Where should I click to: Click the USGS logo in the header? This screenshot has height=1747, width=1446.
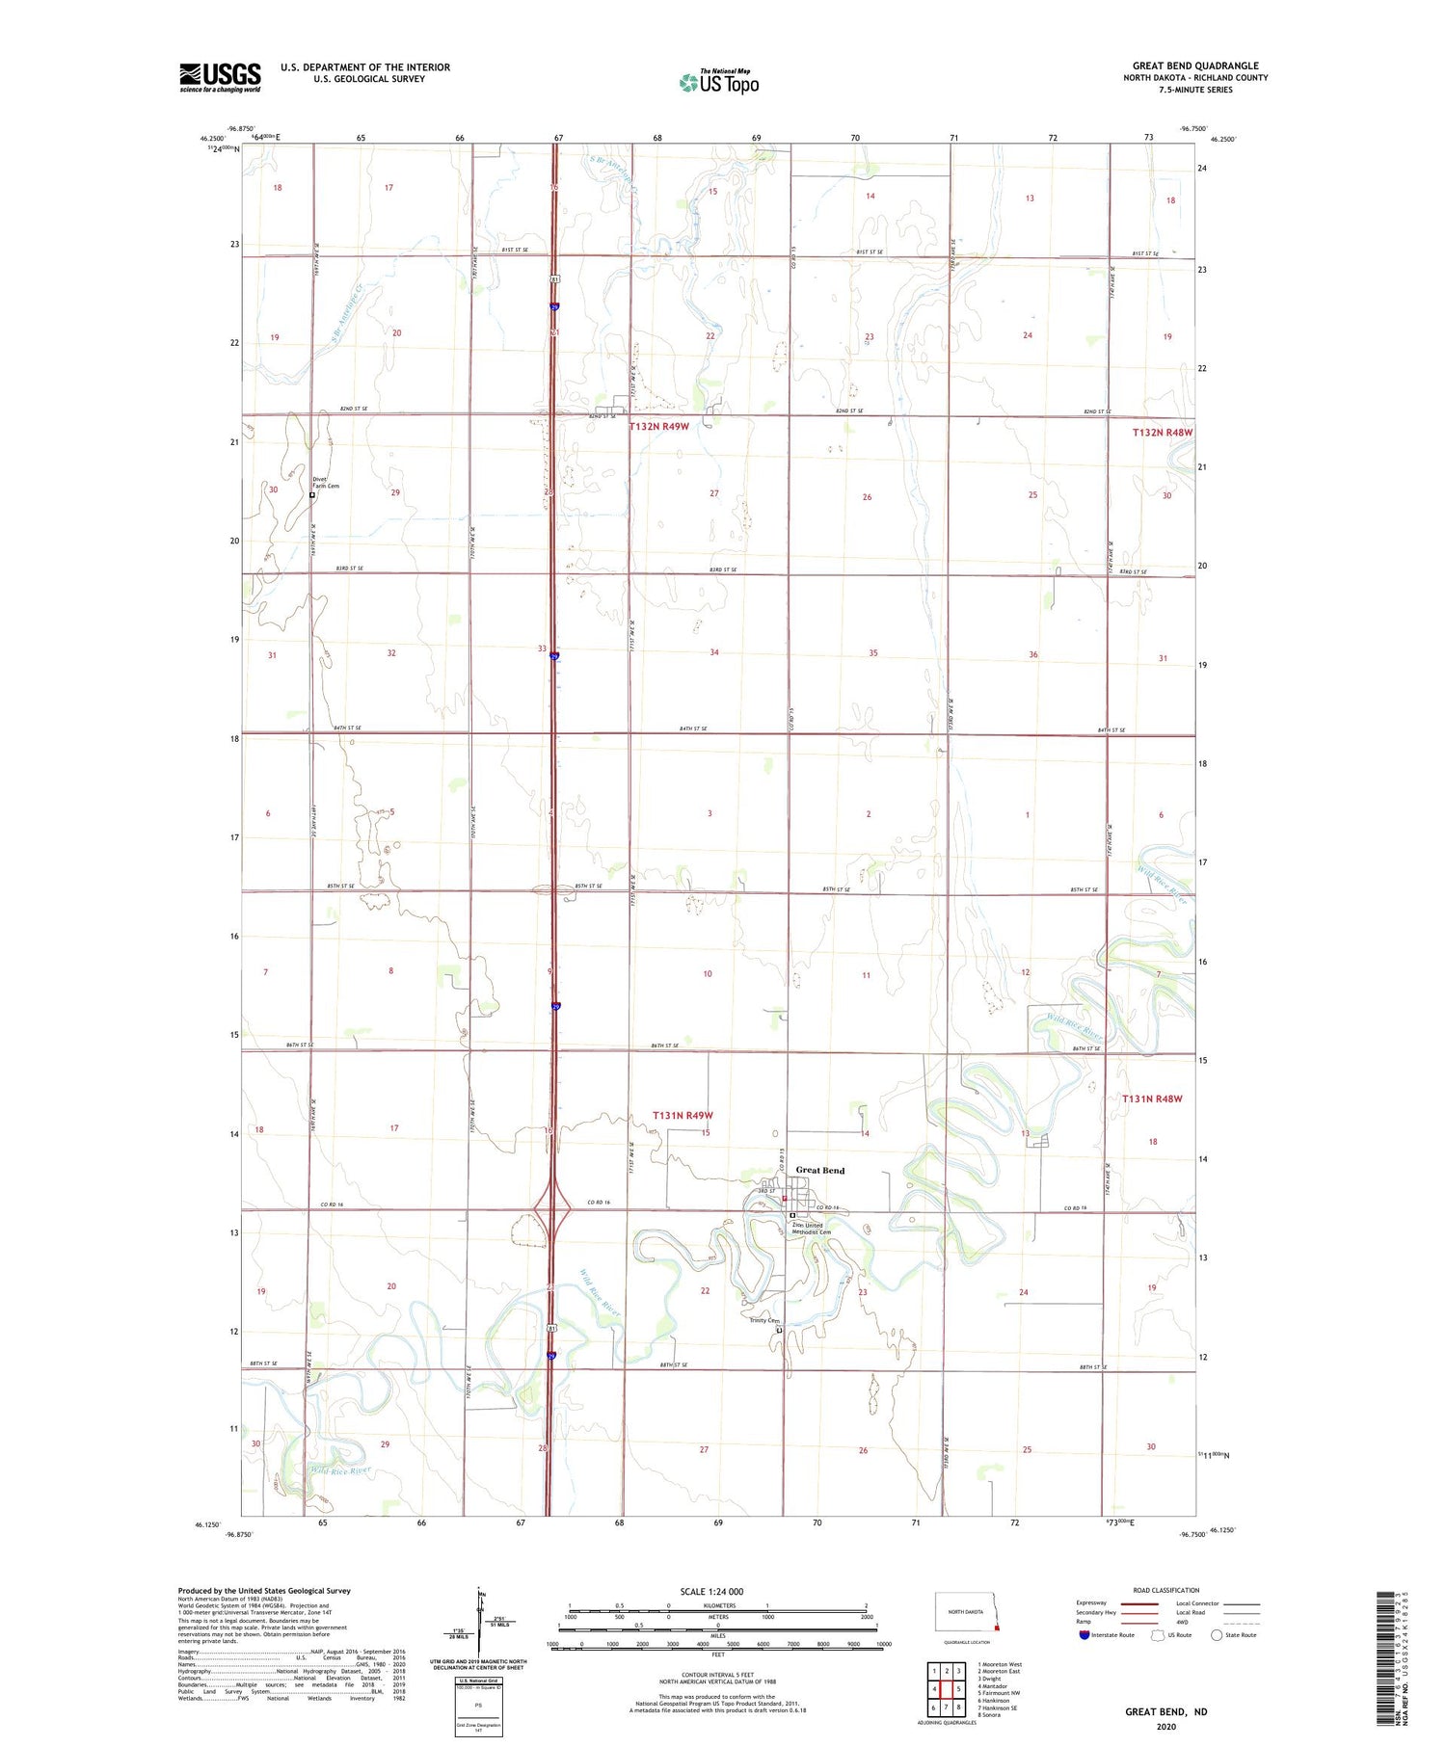[x=220, y=77]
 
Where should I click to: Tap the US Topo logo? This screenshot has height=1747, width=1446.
[x=718, y=82]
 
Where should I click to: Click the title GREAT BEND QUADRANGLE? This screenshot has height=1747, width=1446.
[x=1195, y=66]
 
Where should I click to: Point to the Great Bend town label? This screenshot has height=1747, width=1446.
[x=819, y=1171]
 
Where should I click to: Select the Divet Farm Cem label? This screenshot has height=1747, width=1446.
[x=326, y=483]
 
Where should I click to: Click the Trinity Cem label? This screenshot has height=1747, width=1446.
[x=764, y=1321]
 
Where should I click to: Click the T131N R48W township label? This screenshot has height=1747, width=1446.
[x=1151, y=1098]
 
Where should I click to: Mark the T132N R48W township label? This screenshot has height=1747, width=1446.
[x=1162, y=433]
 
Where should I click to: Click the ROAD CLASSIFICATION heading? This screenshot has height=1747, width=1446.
[x=1165, y=1590]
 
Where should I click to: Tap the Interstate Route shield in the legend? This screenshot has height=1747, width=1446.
[x=1084, y=1635]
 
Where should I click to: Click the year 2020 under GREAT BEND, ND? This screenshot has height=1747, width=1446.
[x=1165, y=1727]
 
